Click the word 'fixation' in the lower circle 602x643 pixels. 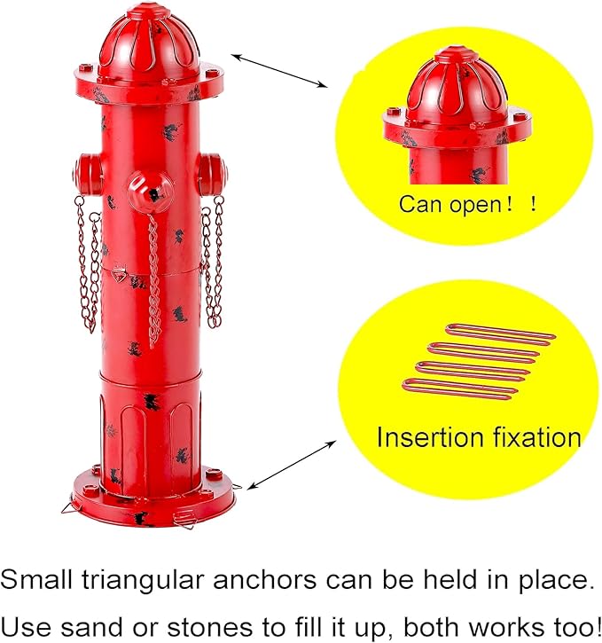click(x=538, y=437)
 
